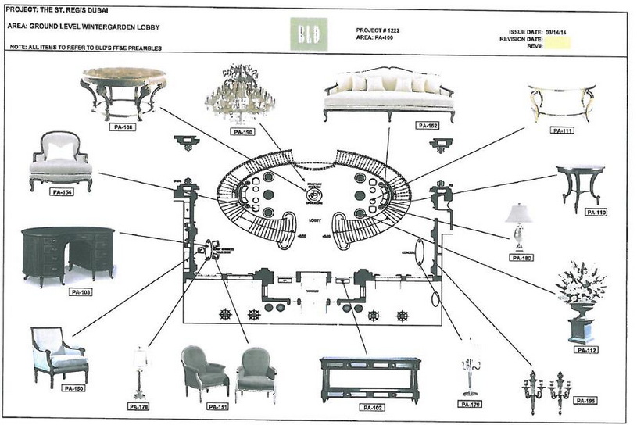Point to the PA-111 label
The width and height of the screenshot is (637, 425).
tap(563, 130)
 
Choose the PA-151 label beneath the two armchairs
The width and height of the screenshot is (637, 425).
tap(218, 407)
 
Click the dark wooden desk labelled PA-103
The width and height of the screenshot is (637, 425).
tap(68, 253)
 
